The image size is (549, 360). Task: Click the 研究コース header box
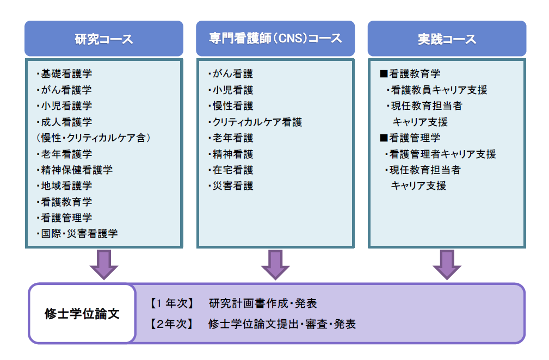coord(104,39)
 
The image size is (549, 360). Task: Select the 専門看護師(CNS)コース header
coord(275,39)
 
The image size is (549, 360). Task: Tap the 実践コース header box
coord(447,39)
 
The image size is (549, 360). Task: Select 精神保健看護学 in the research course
coord(75,170)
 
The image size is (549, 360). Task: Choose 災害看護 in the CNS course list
coord(231,186)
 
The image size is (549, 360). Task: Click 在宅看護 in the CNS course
coord(231,170)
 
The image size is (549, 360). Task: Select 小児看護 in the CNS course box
coord(231,90)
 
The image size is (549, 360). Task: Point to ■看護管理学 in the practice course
coord(410,138)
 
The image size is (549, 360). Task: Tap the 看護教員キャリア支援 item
coord(437,90)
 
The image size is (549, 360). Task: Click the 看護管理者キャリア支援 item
coord(441,154)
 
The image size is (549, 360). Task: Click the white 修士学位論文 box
coord(82,314)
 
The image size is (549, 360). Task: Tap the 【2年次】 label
coord(172,325)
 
